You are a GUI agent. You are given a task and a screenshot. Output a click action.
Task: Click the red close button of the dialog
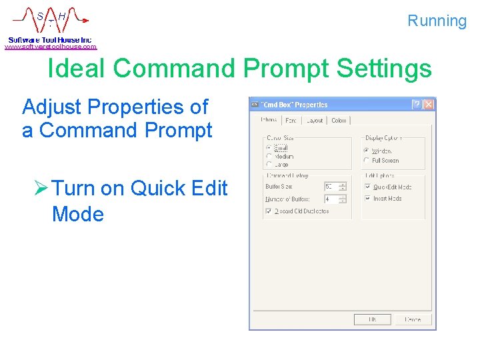click(429, 105)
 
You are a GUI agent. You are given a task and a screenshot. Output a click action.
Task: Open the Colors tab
click(339, 121)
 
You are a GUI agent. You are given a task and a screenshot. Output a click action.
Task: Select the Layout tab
click(314, 121)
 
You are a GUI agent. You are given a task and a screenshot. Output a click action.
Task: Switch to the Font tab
click(291, 121)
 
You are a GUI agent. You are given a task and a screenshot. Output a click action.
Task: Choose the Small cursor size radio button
click(269, 147)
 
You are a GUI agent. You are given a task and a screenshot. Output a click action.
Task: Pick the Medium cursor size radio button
click(269, 156)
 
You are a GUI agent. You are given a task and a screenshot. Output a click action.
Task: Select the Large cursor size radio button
click(269, 164)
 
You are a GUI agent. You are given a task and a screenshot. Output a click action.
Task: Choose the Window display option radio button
click(366, 151)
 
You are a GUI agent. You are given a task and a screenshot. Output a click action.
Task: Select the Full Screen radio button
click(366, 160)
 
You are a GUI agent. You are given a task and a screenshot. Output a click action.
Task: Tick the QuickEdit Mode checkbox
click(367, 187)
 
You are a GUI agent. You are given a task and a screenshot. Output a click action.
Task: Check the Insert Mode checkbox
click(367, 199)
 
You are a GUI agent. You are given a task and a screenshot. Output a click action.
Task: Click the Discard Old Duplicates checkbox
click(268, 211)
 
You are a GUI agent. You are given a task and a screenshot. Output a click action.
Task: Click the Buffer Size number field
click(331, 187)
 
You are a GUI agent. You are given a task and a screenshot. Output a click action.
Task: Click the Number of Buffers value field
click(331, 199)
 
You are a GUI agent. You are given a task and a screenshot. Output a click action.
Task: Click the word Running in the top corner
click(437, 21)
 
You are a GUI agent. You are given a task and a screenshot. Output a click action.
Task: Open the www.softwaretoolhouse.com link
click(51, 47)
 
